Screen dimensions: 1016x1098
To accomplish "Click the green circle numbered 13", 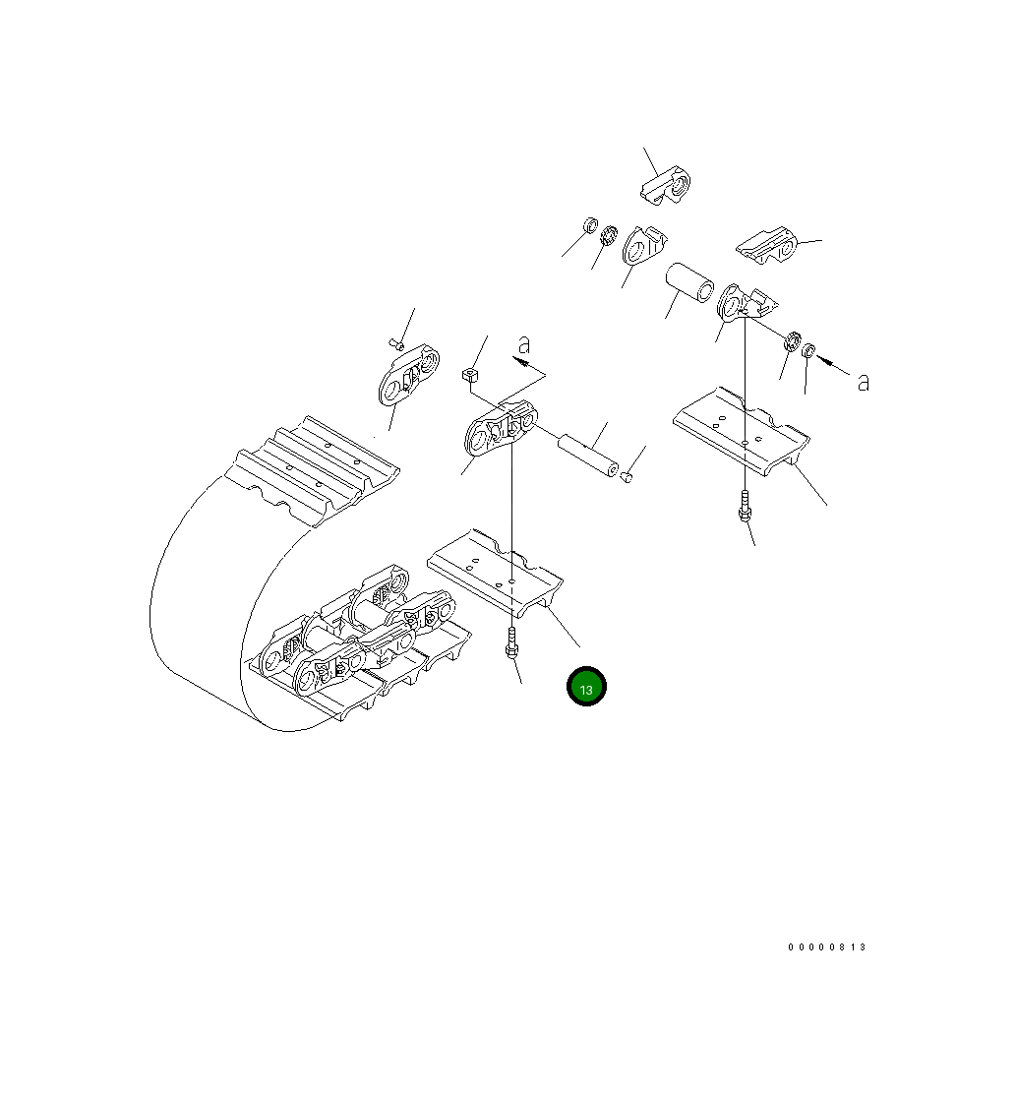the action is [x=586, y=687].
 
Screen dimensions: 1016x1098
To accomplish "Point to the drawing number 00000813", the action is [x=827, y=947].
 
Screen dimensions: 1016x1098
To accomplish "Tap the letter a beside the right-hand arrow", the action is [x=864, y=383].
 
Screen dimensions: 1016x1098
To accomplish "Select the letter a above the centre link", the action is [x=524, y=345].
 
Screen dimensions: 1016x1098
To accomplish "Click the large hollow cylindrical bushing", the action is [x=689, y=283].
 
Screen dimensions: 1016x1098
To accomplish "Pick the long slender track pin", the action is [x=587, y=457].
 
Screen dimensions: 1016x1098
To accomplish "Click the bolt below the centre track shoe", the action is [x=511, y=643].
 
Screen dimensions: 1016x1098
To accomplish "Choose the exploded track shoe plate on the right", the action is [x=741, y=429].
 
